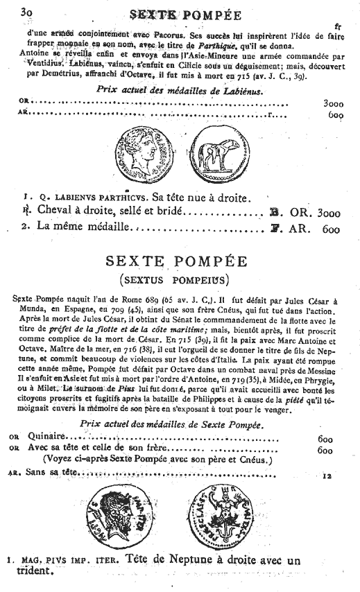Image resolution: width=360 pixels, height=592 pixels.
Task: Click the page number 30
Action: [28, 12]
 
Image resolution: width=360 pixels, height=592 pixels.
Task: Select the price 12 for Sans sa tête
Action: [328, 475]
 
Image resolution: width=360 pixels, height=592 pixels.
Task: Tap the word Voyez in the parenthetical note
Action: [61, 458]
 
